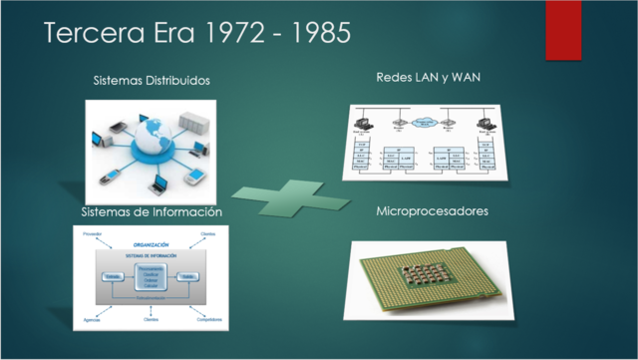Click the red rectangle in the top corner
tap(562, 29)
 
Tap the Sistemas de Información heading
tap(151, 212)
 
